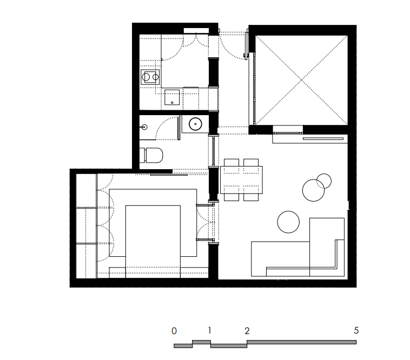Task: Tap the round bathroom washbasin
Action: pyautogui.click(x=195, y=124)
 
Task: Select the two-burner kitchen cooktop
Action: pyautogui.click(x=150, y=77)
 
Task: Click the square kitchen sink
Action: pyautogui.click(x=172, y=97)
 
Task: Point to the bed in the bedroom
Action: pyautogui.click(x=153, y=242)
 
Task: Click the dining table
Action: pyautogui.click(x=241, y=180)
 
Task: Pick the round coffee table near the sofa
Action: pyautogui.click(x=288, y=222)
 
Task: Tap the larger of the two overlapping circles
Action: pyautogui.click(x=313, y=190)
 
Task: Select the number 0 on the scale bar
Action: pyautogui.click(x=174, y=331)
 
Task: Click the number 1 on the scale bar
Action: pyautogui.click(x=209, y=330)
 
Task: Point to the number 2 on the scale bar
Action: pyautogui.click(x=247, y=331)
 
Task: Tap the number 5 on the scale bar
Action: pyautogui.click(x=356, y=330)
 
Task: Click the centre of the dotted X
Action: pyautogui.click(x=301, y=80)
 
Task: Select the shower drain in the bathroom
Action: pyautogui.click(x=144, y=127)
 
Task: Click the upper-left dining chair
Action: pyautogui.click(x=232, y=162)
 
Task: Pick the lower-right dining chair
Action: pyautogui.click(x=251, y=197)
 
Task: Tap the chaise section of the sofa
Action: pyautogui.click(x=327, y=247)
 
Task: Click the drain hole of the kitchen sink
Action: pyautogui.click(x=172, y=103)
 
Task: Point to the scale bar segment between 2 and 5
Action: pyautogui.click(x=301, y=342)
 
